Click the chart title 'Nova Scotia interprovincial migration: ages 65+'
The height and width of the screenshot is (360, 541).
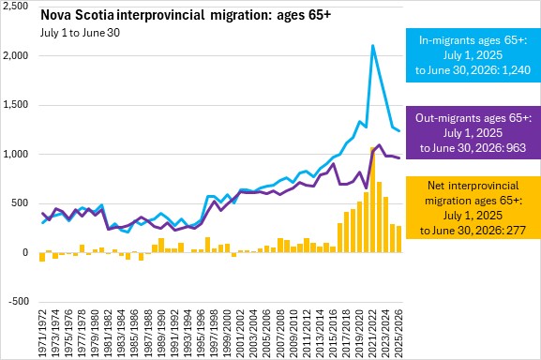186,15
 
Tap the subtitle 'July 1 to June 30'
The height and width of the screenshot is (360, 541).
80,33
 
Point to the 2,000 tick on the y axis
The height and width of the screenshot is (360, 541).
16,55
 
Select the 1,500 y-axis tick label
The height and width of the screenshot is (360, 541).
16,105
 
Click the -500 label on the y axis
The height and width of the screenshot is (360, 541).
19,301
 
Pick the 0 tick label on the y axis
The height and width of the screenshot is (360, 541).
25,252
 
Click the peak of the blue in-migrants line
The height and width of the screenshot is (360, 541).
372,45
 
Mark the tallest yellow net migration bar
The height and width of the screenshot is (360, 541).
372,200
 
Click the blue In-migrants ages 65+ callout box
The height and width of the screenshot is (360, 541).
473,55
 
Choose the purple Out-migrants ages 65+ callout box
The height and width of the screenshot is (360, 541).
473,133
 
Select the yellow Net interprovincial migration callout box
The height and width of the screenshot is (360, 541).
473,207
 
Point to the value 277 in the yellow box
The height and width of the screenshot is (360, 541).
515,231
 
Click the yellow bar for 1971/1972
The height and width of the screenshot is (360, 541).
42,257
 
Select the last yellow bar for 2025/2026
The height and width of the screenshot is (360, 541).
398,239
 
